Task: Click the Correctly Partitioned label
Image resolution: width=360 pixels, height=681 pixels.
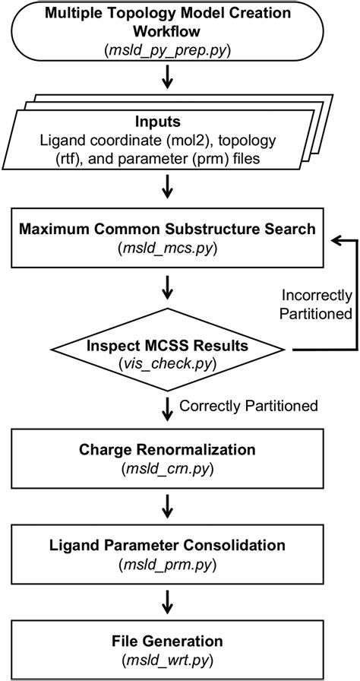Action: pyautogui.click(x=248, y=406)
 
